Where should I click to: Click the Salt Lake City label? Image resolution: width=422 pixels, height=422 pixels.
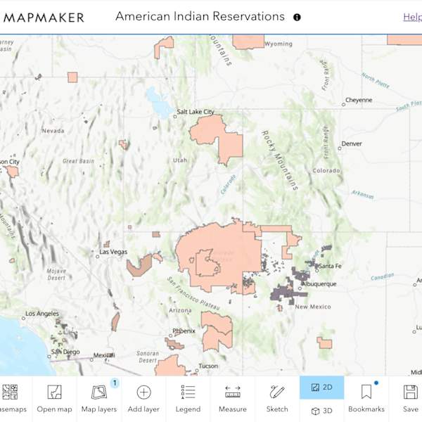coord(196,111)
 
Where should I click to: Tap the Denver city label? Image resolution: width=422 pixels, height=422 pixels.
coord(351,143)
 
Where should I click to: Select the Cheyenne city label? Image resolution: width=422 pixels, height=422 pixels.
coord(359,100)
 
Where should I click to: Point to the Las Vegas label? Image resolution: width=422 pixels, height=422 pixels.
coord(113,252)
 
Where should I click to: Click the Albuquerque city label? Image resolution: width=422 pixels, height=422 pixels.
coord(316,284)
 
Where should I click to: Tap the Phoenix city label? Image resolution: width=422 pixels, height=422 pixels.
coord(184,331)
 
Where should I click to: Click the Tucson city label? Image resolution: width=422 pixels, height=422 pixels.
coord(207,366)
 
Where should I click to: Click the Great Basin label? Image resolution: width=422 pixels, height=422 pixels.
coord(78,161)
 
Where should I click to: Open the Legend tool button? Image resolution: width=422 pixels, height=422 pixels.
coord(188,398)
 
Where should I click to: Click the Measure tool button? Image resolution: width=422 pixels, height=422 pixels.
coord(232,398)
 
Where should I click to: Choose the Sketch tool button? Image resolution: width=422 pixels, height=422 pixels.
coord(277,398)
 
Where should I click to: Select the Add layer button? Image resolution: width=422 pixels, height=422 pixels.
coord(143,398)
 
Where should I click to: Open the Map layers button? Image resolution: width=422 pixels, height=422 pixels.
coord(99,398)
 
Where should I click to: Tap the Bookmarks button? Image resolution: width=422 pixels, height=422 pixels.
coord(366,398)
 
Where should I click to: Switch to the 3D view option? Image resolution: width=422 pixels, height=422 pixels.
coord(321,411)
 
